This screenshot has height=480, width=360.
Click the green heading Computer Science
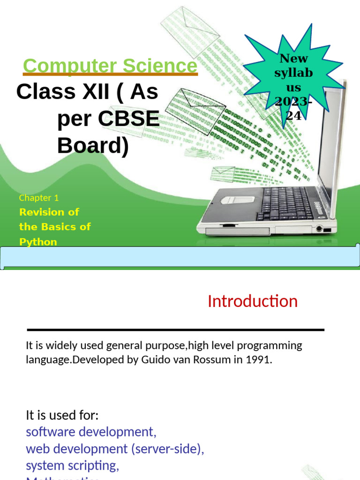(x=110, y=66)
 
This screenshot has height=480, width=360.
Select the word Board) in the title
(x=93, y=146)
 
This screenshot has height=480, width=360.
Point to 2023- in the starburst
(x=293, y=102)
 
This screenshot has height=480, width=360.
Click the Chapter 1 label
(x=39, y=198)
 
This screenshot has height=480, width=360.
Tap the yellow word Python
(x=38, y=242)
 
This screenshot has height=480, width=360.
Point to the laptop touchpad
(x=238, y=199)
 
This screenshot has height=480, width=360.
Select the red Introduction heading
(x=252, y=301)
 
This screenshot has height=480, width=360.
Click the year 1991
(x=259, y=360)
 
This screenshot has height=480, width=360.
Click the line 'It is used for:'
(x=62, y=415)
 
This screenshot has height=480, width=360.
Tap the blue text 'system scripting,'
(x=73, y=465)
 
